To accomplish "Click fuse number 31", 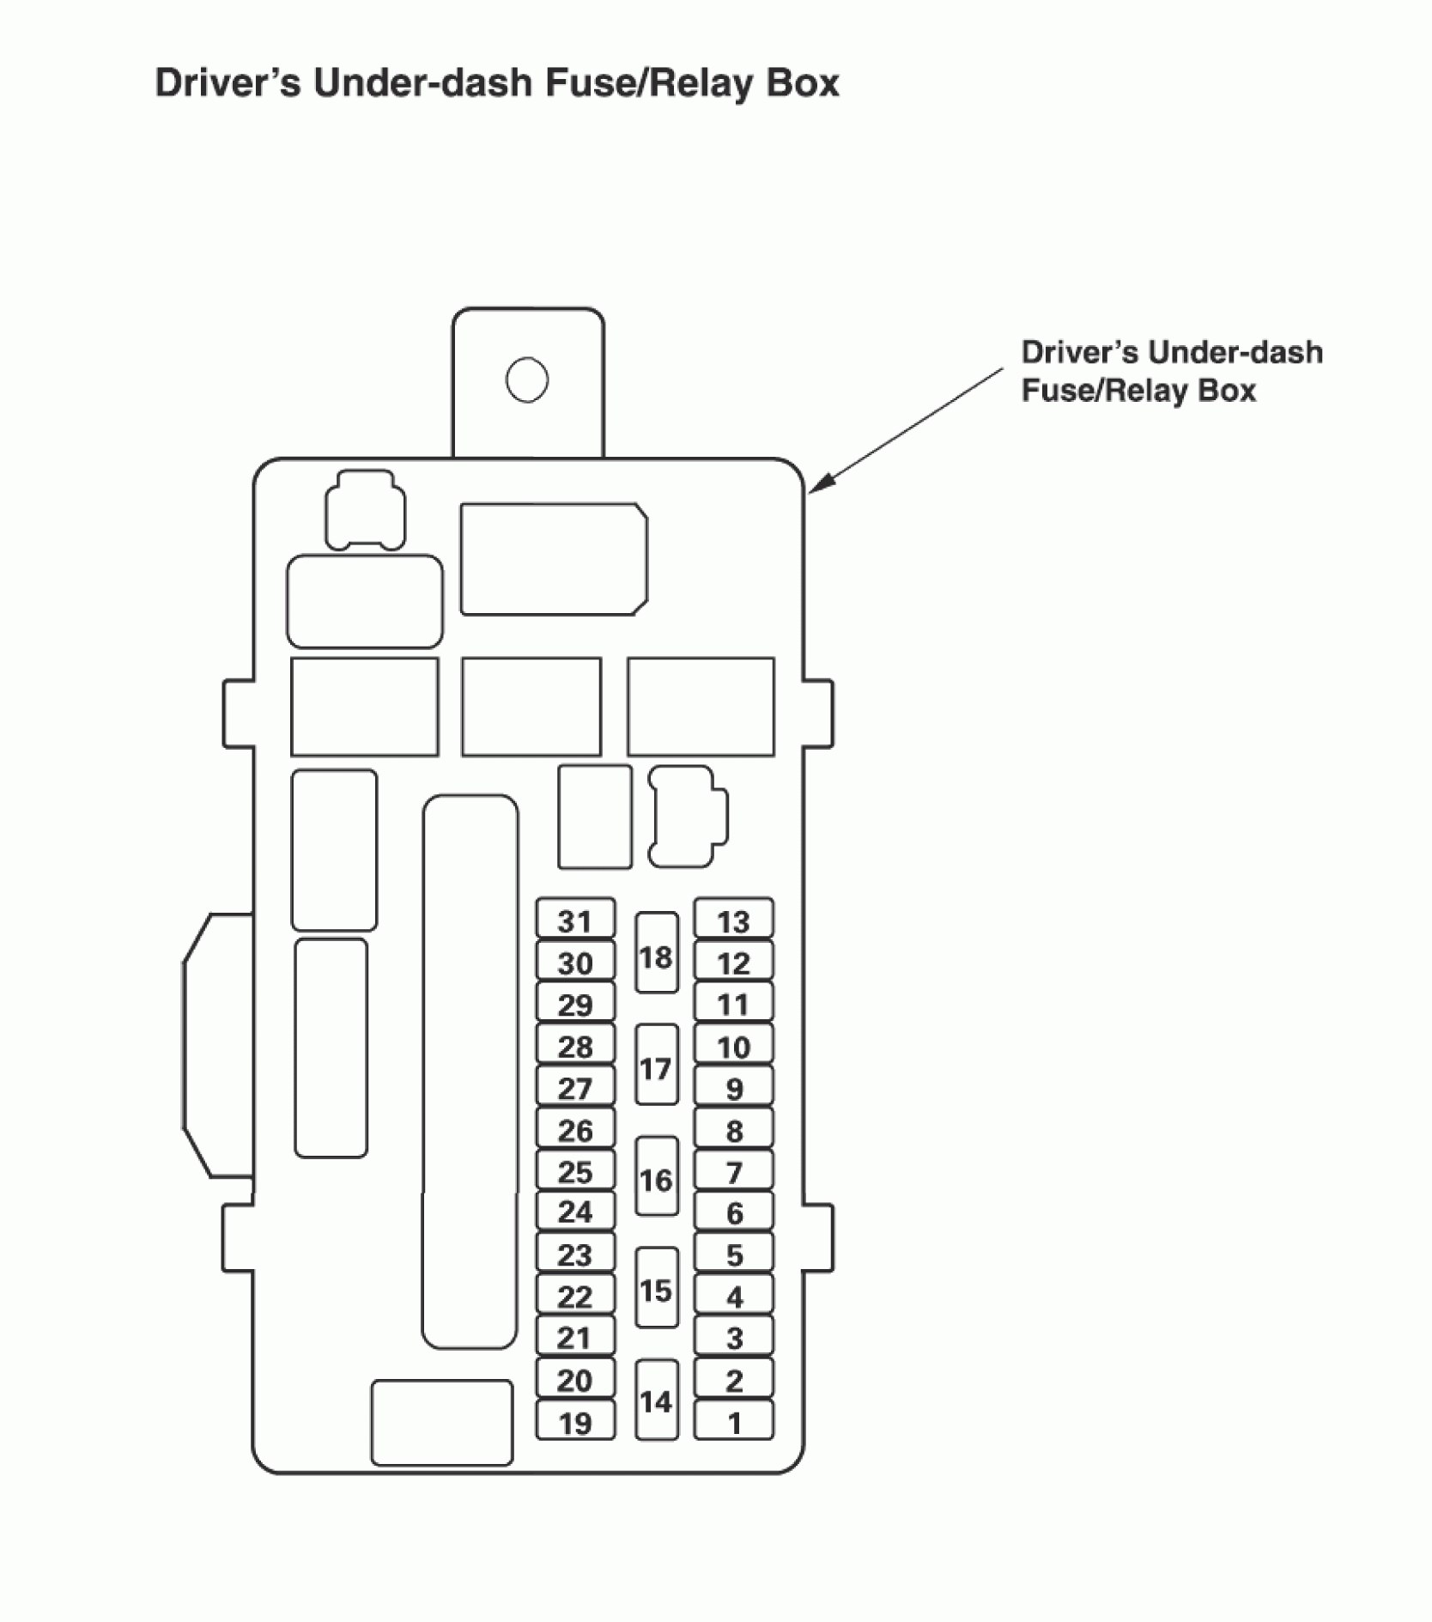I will tap(575, 920).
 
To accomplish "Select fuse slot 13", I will tap(733, 920).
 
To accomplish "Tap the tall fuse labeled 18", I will tap(656, 954).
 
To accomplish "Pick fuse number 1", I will tap(733, 1423).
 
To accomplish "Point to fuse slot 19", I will tap(575, 1423).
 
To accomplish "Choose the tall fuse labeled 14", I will tap(656, 1400).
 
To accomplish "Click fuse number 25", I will tap(575, 1171).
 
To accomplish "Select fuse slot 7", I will tap(733, 1171).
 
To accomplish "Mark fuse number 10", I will tap(733, 1046).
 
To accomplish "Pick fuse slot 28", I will tap(575, 1046).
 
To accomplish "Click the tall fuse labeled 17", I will tap(656, 1066).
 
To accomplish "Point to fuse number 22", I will tap(575, 1296).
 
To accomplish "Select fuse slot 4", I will tap(733, 1296).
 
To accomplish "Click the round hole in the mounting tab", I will tap(527, 380).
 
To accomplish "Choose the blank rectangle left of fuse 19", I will tap(441, 1423).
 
